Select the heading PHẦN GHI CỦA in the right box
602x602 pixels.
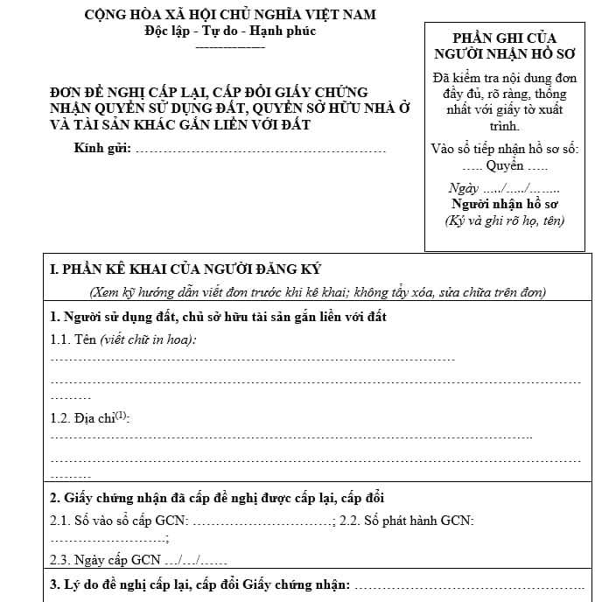coord(504,38)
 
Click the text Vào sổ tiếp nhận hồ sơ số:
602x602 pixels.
coord(505,148)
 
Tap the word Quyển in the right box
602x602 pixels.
coord(505,165)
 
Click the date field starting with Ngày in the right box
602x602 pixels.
coord(504,188)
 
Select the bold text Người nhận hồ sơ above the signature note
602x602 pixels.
coord(505,204)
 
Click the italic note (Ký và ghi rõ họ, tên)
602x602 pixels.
coord(505,220)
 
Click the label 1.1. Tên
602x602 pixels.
coord(73,339)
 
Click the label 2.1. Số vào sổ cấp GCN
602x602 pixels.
coord(119,521)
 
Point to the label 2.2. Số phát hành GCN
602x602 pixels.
coord(406,521)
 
